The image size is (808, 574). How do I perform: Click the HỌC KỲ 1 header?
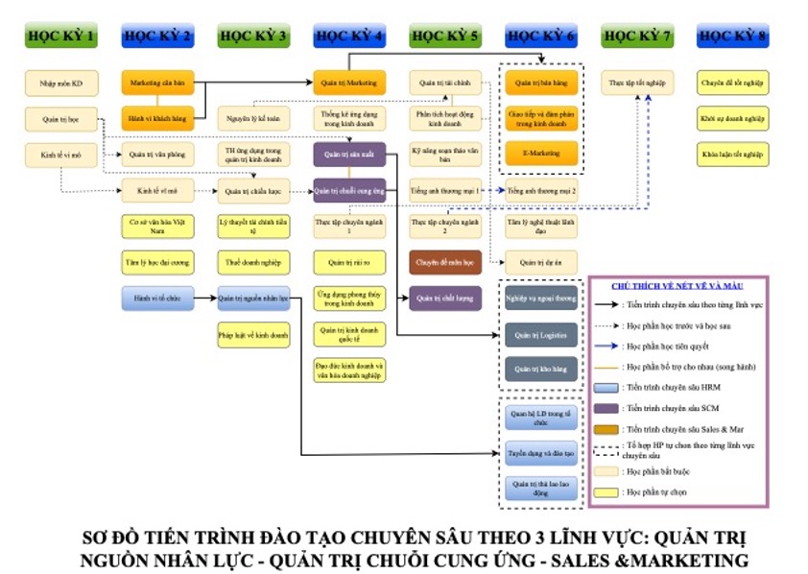61,36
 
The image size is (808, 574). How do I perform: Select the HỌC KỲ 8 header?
733,36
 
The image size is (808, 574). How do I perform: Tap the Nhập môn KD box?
61,84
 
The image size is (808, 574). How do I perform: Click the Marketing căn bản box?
157,84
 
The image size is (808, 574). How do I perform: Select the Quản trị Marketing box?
349,83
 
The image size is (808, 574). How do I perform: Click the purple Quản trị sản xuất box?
349,154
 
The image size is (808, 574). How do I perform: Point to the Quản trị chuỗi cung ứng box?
349,190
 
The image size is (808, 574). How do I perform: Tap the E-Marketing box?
541,153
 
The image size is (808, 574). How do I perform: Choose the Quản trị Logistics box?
541,334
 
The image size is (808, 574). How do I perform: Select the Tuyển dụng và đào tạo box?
541,450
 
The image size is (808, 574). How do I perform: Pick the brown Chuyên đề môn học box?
445,261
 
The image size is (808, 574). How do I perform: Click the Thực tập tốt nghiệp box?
637,84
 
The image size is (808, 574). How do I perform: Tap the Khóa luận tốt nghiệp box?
733,153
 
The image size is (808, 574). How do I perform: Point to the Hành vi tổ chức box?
157,299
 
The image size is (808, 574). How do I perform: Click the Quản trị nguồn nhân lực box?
253,299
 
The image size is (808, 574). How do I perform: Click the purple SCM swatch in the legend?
606,409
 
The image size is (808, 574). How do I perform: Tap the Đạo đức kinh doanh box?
349,370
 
